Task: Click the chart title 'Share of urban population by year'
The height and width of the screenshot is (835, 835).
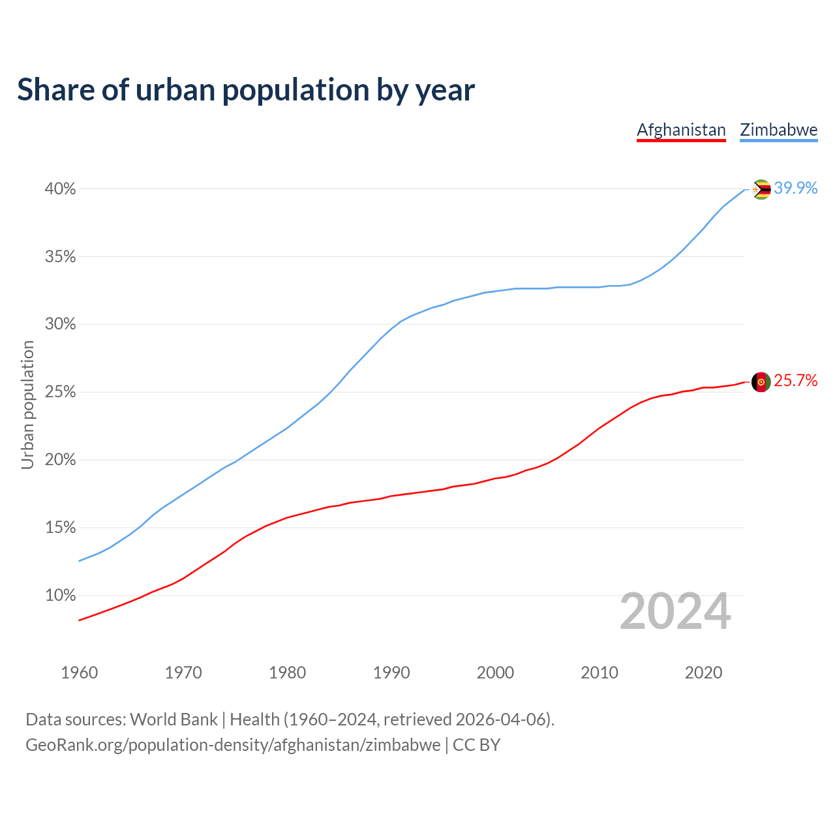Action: (x=246, y=90)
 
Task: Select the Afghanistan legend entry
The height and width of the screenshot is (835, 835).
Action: (x=681, y=130)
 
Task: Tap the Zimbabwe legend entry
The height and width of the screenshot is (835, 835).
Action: (x=778, y=130)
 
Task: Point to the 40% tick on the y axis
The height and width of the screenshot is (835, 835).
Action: (x=60, y=189)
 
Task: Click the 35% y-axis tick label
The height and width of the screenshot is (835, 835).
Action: (x=60, y=257)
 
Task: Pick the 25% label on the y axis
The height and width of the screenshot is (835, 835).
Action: (x=60, y=392)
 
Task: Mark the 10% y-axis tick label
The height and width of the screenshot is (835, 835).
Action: (x=60, y=596)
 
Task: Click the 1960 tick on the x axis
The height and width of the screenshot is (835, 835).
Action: (x=79, y=673)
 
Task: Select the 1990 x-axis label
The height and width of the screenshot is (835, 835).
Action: (x=391, y=673)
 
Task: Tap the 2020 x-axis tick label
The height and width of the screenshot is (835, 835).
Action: (x=703, y=673)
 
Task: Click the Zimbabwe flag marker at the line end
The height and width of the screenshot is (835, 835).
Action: (x=761, y=189)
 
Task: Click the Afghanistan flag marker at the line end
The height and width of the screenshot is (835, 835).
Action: (x=761, y=382)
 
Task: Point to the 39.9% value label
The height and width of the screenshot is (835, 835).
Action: (x=796, y=189)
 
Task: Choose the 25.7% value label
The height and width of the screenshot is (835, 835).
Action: (x=796, y=381)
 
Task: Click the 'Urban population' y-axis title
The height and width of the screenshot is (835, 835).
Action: (x=27, y=404)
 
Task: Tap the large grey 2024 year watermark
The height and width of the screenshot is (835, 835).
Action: (x=675, y=612)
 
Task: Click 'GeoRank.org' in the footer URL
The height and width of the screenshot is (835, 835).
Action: (x=74, y=745)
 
